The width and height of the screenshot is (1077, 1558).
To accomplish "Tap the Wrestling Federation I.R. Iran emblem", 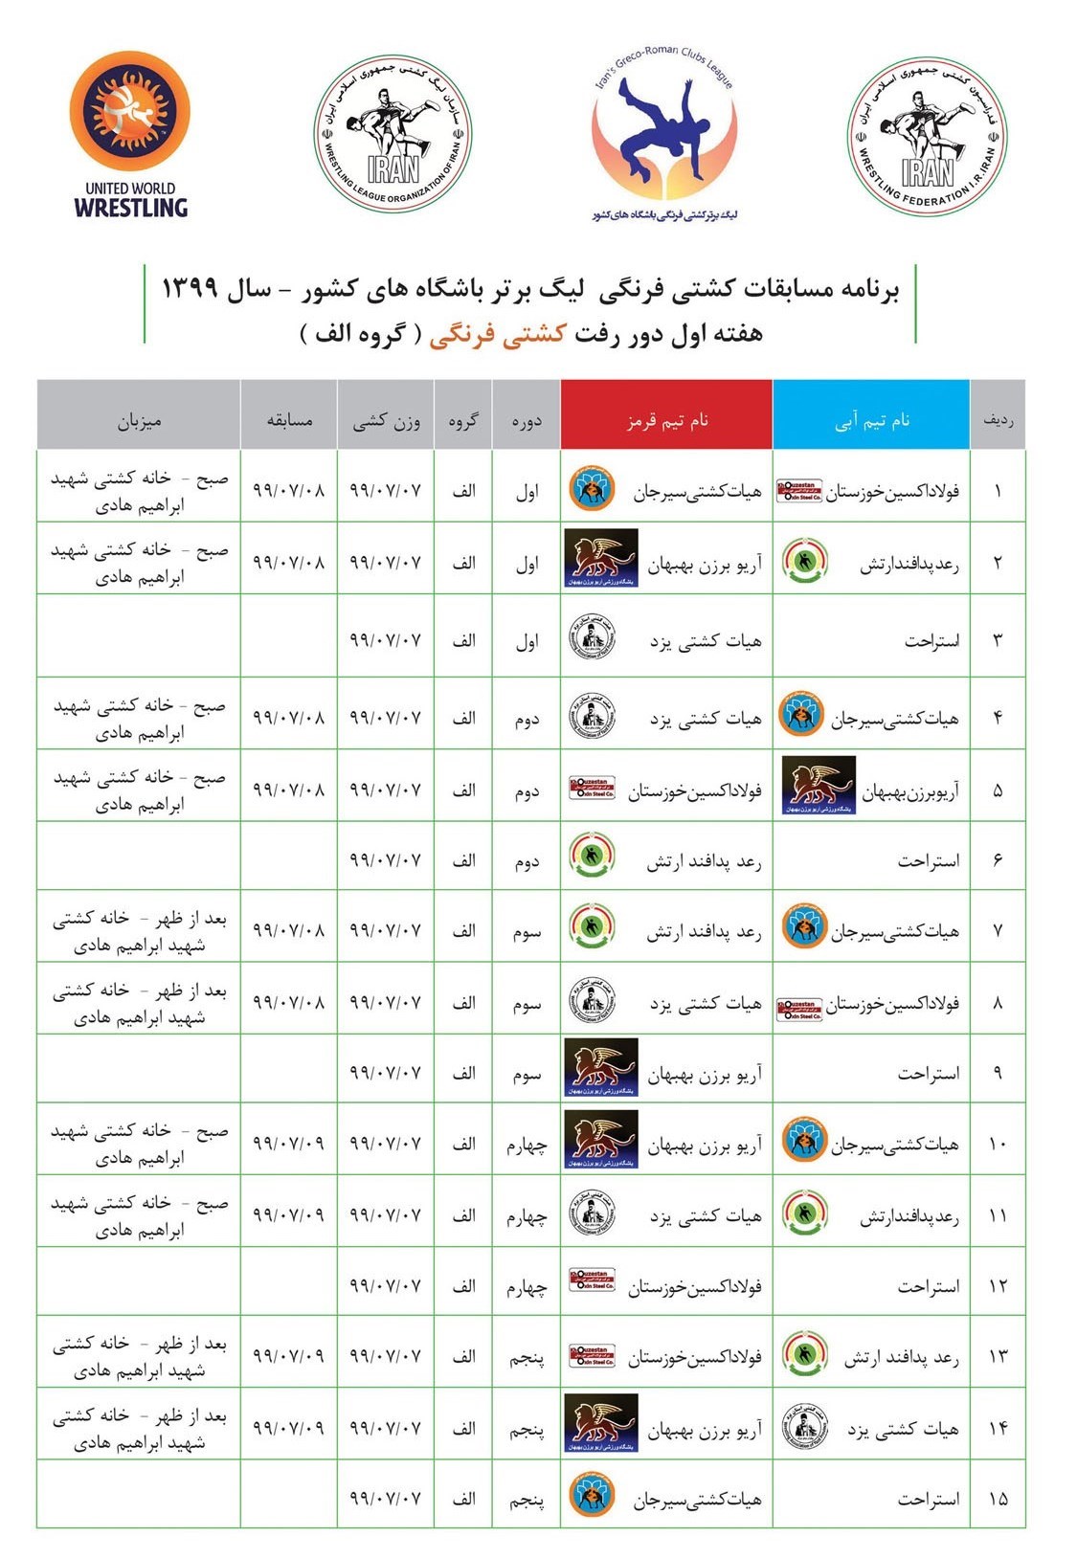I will (x=927, y=135).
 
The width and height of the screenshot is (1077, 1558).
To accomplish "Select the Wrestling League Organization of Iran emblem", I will (x=393, y=135).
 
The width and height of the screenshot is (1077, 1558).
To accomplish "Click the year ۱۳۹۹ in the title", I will (x=191, y=288).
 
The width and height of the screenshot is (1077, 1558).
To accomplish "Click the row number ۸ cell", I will (x=998, y=1003).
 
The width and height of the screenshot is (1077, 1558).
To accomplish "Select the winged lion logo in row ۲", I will (x=601, y=558).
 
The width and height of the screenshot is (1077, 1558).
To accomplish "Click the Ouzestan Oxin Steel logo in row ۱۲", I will (x=593, y=1280).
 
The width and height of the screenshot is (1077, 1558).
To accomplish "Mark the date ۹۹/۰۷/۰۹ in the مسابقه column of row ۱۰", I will (x=288, y=1143).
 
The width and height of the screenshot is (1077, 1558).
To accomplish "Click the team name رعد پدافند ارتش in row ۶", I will (x=704, y=861).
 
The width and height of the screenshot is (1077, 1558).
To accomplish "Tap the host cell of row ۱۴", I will (x=139, y=1428).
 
